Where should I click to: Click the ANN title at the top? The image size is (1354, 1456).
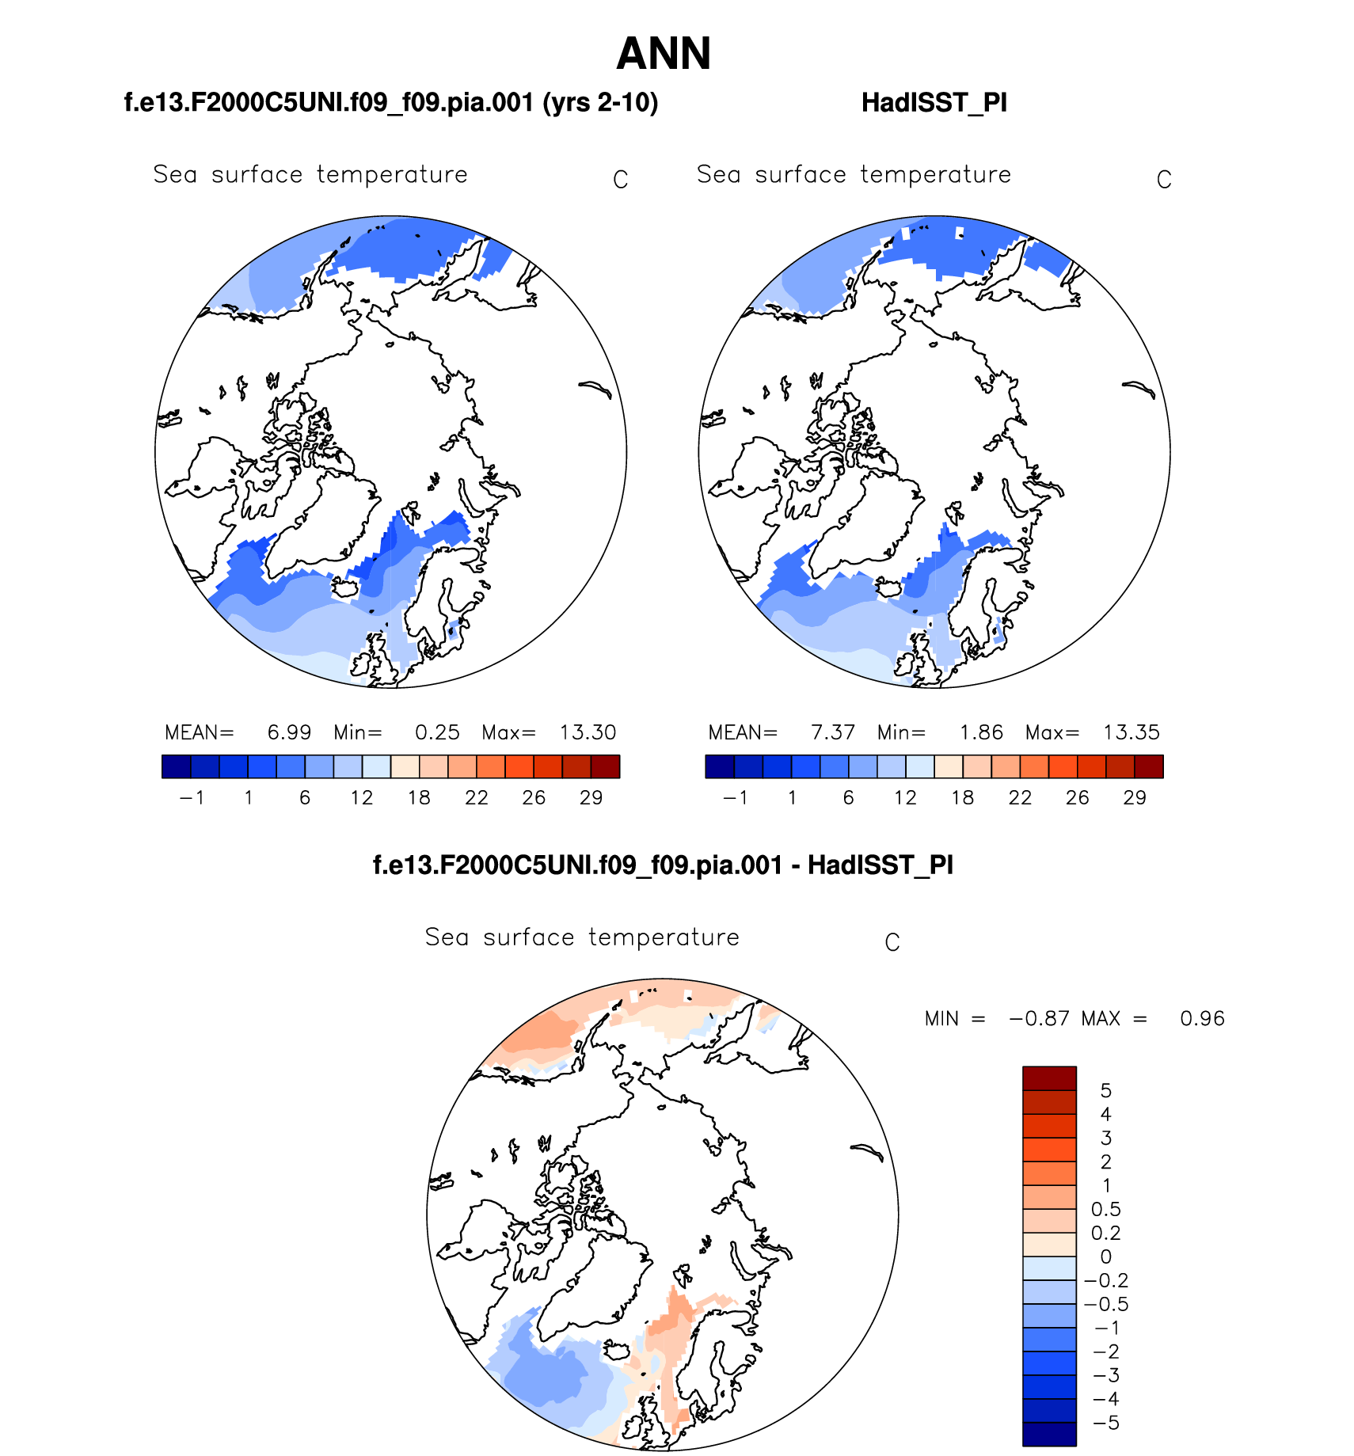(x=664, y=54)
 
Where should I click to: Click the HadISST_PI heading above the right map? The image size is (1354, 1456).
(x=934, y=103)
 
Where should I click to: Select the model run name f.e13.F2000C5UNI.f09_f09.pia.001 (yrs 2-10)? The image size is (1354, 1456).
(x=391, y=103)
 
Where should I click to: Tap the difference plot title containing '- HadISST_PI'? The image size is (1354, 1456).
(x=663, y=865)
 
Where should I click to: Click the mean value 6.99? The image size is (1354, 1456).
(x=289, y=732)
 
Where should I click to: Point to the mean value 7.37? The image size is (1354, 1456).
(x=833, y=732)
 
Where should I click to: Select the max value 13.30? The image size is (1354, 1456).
(x=588, y=732)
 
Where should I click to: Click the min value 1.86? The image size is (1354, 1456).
(x=981, y=732)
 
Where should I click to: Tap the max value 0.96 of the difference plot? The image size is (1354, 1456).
(x=1202, y=1019)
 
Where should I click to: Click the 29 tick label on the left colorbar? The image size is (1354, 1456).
(x=591, y=798)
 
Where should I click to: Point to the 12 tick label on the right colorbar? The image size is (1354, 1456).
(x=905, y=798)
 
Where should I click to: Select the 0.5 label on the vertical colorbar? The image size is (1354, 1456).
(x=1106, y=1210)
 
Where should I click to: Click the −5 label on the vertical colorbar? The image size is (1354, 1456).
(x=1106, y=1424)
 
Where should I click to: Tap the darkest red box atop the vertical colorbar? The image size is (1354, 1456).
(x=1049, y=1078)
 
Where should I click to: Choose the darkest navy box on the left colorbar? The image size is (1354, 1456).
(x=176, y=766)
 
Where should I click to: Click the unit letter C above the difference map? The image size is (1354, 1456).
(x=892, y=943)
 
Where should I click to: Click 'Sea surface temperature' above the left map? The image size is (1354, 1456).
(x=310, y=175)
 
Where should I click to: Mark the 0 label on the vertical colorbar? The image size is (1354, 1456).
(x=1106, y=1257)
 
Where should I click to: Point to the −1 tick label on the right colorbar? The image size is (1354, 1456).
(x=735, y=798)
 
